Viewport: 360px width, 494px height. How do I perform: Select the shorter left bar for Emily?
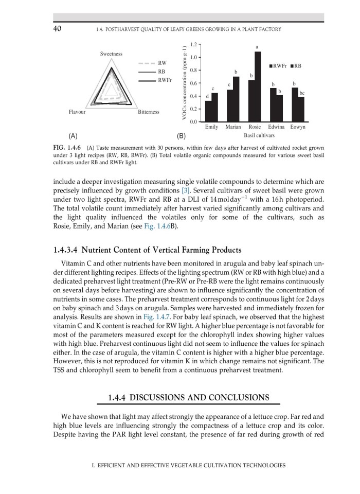pyautogui.click(x=208, y=111)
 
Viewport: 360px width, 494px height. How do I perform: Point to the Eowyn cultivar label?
pyautogui.click(x=297, y=127)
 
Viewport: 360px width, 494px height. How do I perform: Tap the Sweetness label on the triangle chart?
pyautogui.click(x=111, y=54)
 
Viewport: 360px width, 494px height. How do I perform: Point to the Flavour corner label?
pyautogui.click(x=77, y=112)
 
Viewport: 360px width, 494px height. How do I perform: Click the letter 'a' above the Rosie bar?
pyautogui.click(x=258, y=47)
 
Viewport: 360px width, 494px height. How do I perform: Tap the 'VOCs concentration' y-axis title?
pyautogui.click(x=184, y=83)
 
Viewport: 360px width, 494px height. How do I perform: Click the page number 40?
pyautogui.click(x=58, y=29)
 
